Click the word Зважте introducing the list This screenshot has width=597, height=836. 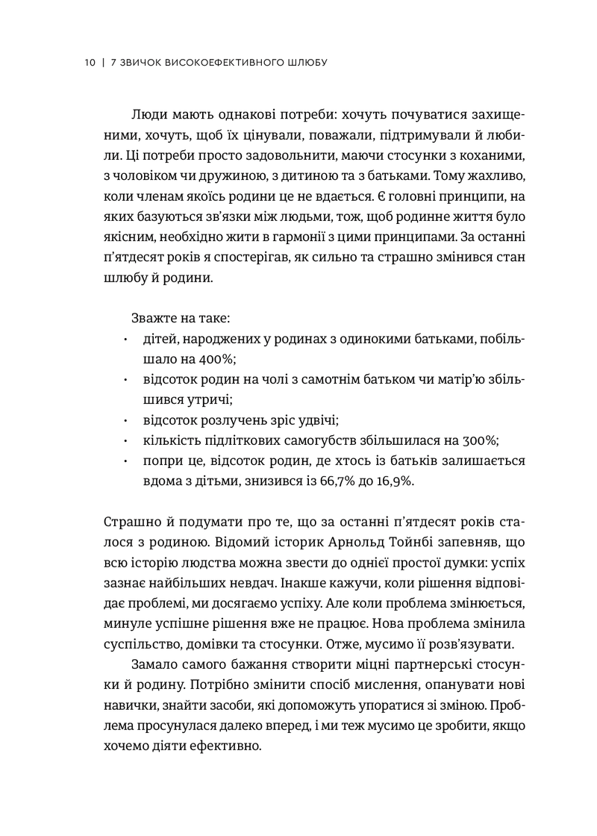pos(153,319)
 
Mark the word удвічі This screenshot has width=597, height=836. pos(310,419)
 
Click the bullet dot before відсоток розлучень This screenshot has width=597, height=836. pos(126,420)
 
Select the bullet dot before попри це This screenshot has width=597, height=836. pos(126,461)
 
